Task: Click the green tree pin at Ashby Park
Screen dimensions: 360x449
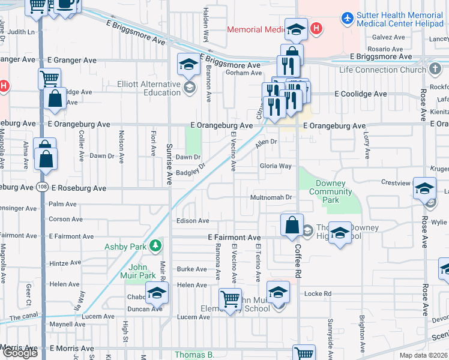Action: [x=156, y=245]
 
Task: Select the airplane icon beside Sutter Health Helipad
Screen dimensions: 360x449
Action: [x=347, y=18]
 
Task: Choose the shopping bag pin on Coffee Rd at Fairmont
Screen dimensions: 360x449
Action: [x=292, y=226]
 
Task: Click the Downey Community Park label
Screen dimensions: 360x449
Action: [x=330, y=192]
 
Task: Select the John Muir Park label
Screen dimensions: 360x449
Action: [x=142, y=271]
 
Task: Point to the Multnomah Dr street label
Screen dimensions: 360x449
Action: [x=271, y=197]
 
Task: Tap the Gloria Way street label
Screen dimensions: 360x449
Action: [x=275, y=166]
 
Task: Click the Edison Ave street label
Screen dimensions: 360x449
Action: [x=193, y=221]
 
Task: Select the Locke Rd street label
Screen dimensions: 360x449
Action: [x=318, y=293]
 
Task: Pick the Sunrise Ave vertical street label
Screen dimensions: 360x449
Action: [x=169, y=163]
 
